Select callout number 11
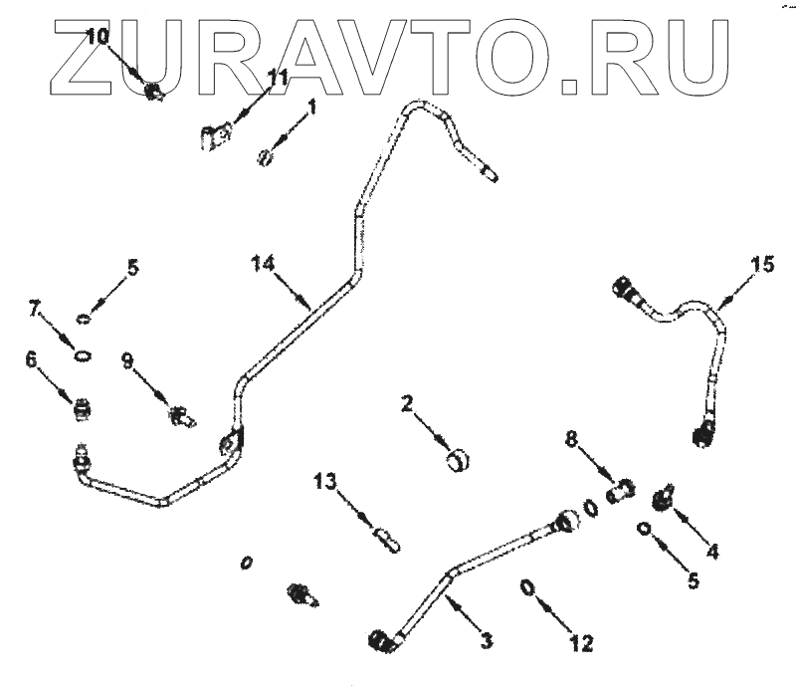click(278, 76)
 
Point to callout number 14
click(262, 264)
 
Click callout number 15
click(761, 265)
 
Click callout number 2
click(408, 403)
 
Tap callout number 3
click(486, 640)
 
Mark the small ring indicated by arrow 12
click(527, 588)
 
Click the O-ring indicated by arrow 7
click(84, 356)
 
